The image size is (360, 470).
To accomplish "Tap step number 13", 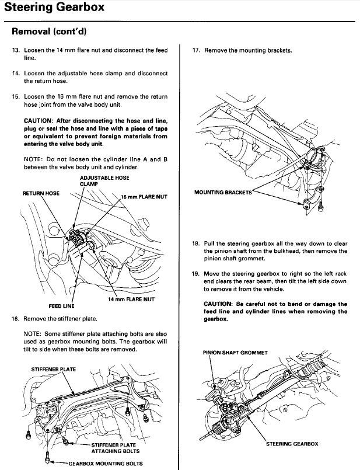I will pos(15,51).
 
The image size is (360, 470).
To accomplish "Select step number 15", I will pos(15,96).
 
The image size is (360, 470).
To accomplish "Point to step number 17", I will pos(197,51).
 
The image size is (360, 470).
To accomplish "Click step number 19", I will pos(197,273).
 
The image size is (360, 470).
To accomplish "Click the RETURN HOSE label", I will pos(41,193).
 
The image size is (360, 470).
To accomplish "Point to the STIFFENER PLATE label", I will pos(53,369).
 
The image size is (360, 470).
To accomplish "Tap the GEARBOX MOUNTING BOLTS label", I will pos(105,464).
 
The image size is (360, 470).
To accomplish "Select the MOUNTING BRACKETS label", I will pos(223,192).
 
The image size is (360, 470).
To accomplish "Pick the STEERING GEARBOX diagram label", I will pos(292,444).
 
